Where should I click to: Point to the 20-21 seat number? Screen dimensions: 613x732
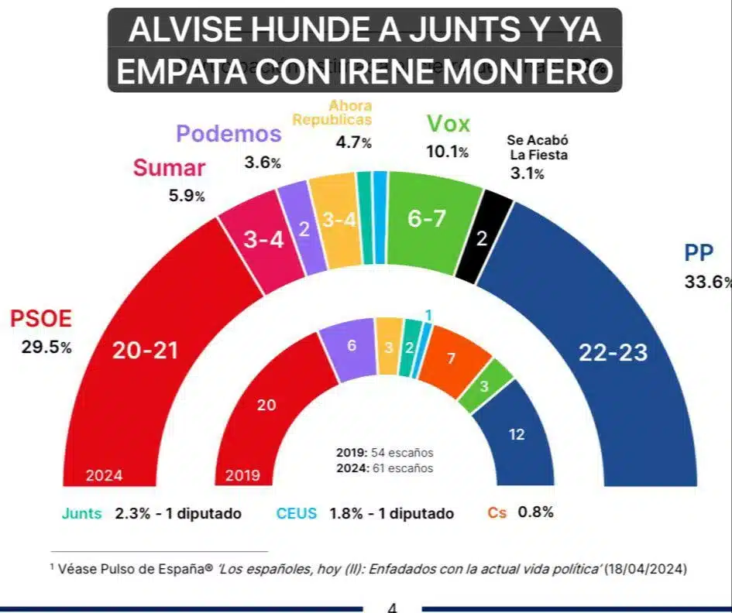point(145,350)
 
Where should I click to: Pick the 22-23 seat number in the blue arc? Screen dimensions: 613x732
point(613,352)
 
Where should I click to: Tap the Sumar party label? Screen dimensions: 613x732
point(169,167)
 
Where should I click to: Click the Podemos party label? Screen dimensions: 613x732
point(228,133)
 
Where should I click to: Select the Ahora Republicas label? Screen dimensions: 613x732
point(332,112)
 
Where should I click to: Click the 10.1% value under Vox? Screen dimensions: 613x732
point(447,152)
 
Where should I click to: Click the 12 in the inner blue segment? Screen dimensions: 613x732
point(517,434)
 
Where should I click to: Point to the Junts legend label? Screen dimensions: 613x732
point(81,512)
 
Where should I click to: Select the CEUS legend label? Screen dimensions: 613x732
point(297,512)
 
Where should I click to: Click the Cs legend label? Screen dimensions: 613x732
point(497,512)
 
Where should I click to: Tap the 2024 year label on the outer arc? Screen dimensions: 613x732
point(104,475)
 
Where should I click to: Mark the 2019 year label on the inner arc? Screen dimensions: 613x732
point(242,475)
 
